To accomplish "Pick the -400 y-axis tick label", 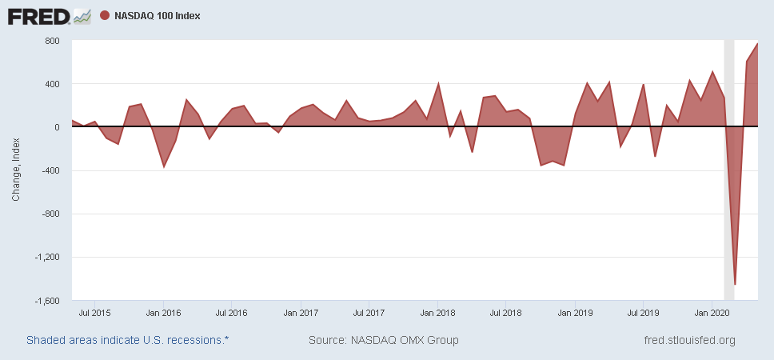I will pos(50,170).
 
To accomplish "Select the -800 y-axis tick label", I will pos(50,214).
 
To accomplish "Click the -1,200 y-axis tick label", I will pos(46,258).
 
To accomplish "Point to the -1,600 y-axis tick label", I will pos(46,301).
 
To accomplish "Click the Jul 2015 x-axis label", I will pos(95,312).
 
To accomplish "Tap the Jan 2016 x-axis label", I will pos(164,312).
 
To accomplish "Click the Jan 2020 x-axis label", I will pos(712,312).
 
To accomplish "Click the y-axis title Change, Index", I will pos(17,171).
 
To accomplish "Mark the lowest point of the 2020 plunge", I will pos(735,284).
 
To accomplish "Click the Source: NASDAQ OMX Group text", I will pos(384,341).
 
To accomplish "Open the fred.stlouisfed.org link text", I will pos(689,341).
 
